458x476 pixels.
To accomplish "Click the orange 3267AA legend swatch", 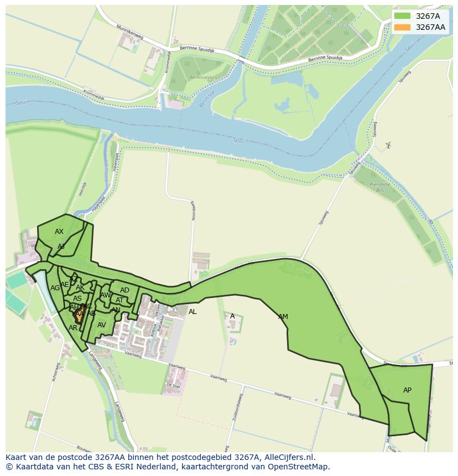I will pyautogui.click(x=403, y=27).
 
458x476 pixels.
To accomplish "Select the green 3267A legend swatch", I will pyautogui.click(x=403, y=16).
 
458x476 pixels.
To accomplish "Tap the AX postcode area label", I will pyautogui.click(x=59, y=232).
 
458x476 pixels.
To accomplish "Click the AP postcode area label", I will pyautogui.click(x=407, y=390).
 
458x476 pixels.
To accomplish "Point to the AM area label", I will pyautogui.click(x=283, y=317).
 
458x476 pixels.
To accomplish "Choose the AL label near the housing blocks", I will pyautogui.click(x=192, y=312).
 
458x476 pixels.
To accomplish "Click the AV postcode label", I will pyautogui.click(x=102, y=325).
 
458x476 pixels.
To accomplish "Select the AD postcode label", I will pyautogui.click(x=124, y=290).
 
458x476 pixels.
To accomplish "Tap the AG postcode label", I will pyautogui.click(x=55, y=288).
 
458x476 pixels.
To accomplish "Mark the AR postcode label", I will pyautogui.click(x=73, y=328).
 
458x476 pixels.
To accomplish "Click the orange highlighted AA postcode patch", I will pyautogui.click(x=79, y=314).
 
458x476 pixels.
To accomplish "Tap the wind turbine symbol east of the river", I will pyautogui.click(x=388, y=145).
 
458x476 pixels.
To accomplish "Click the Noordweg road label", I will pyautogui.click(x=194, y=210).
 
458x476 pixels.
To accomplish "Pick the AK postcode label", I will pyautogui.click(x=80, y=287).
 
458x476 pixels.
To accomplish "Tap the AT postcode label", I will pyautogui.click(x=119, y=300).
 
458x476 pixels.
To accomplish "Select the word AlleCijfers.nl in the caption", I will pyautogui.click(x=288, y=457).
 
